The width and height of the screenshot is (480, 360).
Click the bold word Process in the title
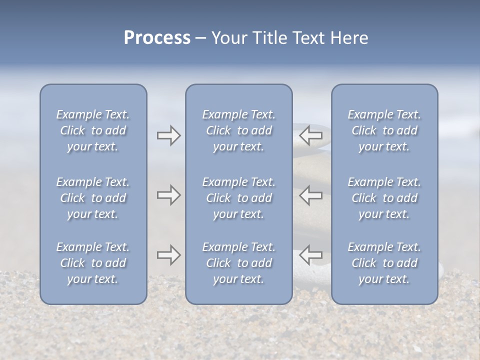(157, 38)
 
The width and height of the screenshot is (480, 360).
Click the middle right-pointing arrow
(168, 195)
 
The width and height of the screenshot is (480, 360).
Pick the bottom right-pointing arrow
(168, 255)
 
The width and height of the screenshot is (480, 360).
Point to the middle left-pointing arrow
(311, 195)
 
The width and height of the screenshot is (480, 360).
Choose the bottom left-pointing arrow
(311, 255)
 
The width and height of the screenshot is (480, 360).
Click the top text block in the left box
(93, 130)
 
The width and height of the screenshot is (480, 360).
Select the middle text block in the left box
(93, 198)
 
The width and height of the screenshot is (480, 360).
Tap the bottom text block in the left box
(93, 263)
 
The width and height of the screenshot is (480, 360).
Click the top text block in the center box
(239, 130)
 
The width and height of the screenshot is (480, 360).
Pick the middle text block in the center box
(239, 198)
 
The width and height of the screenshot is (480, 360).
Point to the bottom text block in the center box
(239, 263)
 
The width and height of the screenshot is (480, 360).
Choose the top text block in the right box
(384, 130)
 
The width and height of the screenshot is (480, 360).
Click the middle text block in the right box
(384, 198)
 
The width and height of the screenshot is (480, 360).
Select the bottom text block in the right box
(384, 263)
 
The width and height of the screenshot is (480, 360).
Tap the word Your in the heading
(229, 38)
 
